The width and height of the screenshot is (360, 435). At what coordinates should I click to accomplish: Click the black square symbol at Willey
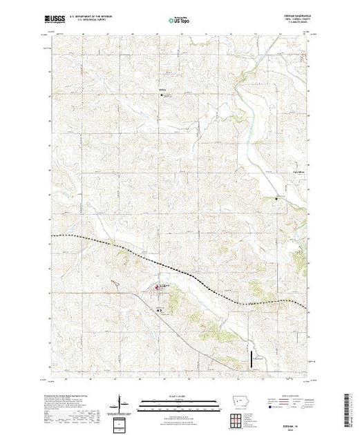(x=163, y=95)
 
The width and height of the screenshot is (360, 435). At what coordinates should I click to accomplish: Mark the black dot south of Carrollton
(x=278, y=198)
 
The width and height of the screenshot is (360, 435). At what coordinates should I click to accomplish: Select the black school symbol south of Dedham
(x=159, y=310)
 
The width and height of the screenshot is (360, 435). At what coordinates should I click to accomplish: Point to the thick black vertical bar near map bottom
(x=249, y=360)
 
